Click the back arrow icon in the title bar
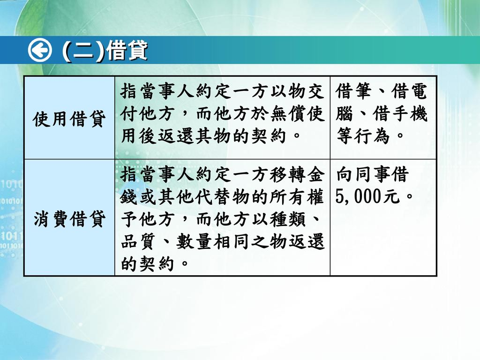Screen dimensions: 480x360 40,50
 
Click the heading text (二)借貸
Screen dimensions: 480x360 105,50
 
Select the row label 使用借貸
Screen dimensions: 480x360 69,119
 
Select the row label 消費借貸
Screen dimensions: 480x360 69,218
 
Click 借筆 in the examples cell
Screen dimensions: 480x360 353,91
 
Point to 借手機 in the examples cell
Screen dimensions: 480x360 400,114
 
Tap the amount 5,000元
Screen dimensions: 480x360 367,196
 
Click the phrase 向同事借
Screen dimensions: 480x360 372,174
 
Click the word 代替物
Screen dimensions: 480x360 223,197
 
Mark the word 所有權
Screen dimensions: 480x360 297,197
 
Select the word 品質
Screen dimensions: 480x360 139,241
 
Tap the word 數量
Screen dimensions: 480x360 194,241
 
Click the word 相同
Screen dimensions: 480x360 232,241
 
